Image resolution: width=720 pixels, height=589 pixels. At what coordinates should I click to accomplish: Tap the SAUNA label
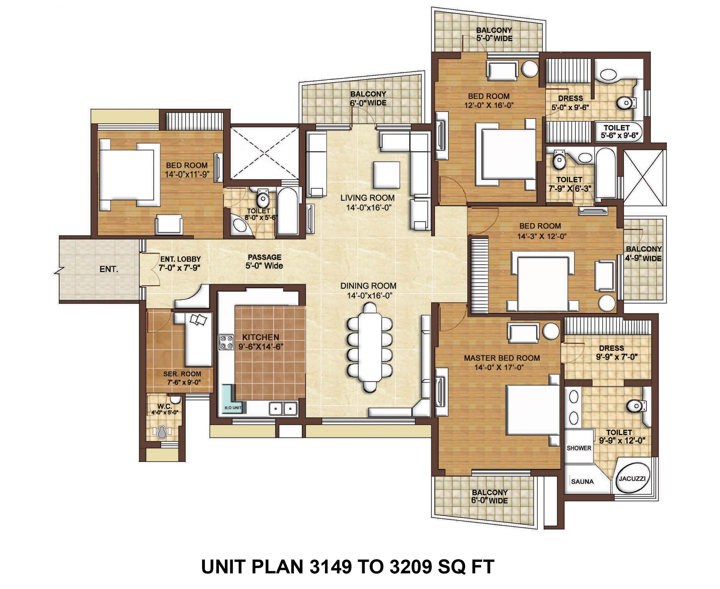582,481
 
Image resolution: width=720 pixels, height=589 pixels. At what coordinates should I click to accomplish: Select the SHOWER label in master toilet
579,448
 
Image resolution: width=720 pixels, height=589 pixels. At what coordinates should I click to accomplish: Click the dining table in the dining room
369,348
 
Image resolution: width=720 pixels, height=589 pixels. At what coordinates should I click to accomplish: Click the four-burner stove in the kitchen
226,342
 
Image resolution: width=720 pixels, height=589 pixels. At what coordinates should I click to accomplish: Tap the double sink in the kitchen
283,409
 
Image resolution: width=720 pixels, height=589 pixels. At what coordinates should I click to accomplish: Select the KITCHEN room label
261,337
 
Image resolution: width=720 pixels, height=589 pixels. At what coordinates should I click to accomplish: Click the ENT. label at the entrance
109,269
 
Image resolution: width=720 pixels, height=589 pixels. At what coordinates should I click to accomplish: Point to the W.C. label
164,406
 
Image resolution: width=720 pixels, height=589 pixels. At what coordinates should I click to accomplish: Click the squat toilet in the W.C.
162,432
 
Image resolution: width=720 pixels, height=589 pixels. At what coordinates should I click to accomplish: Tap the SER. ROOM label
182,374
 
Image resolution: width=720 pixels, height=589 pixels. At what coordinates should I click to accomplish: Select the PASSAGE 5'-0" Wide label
264,261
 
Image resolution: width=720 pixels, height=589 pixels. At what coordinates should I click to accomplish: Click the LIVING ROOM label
367,198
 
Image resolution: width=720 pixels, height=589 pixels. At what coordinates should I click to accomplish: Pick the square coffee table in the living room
386,175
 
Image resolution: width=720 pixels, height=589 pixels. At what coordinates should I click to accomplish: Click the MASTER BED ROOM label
502,358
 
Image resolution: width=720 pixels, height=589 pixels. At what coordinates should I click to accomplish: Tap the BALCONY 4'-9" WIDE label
644,254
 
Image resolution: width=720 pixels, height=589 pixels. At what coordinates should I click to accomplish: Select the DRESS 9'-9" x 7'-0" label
616,352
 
